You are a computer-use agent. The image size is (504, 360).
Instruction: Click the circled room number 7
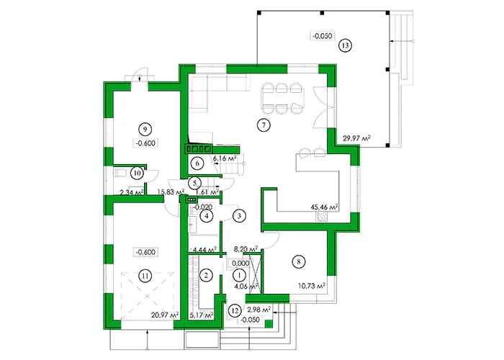(264, 125)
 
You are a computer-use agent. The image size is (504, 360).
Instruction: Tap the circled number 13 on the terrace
(345, 45)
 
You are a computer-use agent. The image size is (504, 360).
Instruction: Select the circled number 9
(145, 129)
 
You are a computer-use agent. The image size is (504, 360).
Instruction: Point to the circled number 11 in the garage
(145, 276)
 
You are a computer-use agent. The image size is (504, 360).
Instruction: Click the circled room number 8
(299, 261)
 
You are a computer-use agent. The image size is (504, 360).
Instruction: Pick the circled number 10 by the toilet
(138, 174)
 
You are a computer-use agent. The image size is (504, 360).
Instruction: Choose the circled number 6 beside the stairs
(197, 163)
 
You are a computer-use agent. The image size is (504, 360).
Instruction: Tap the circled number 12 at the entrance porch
(235, 311)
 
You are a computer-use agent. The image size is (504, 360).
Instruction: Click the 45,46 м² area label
(325, 207)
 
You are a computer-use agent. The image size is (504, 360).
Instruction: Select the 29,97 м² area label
(356, 138)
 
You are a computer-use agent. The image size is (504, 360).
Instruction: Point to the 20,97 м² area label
(165, 315)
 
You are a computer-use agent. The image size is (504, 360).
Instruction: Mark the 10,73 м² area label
(312, 285)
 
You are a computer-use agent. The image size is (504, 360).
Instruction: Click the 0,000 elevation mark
(240, 264)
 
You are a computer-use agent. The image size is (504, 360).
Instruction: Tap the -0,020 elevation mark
(203, 207)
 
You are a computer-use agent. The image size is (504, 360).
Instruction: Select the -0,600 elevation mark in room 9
(145, 143)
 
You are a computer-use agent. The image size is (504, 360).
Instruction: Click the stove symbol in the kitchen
(322, 216)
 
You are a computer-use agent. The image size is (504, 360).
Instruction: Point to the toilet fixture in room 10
(120, 173)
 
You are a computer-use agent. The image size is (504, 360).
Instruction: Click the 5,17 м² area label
(202, 315)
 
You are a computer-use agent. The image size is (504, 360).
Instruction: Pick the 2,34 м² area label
(132, 192)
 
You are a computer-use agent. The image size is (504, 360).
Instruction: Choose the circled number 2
(206, 275)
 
